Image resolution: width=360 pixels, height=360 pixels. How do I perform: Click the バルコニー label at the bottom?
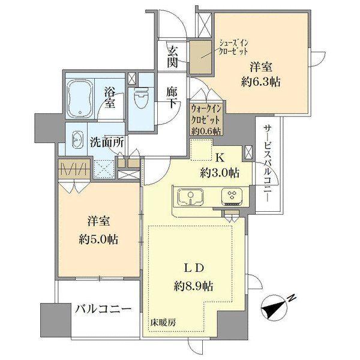pyautogui.click(x=103, y=310)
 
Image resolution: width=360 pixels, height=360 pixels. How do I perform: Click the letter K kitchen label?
pyautogui.click(x=220, y=158)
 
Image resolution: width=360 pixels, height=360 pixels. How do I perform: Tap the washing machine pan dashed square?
pyautogui.click(x=103, y=170)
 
